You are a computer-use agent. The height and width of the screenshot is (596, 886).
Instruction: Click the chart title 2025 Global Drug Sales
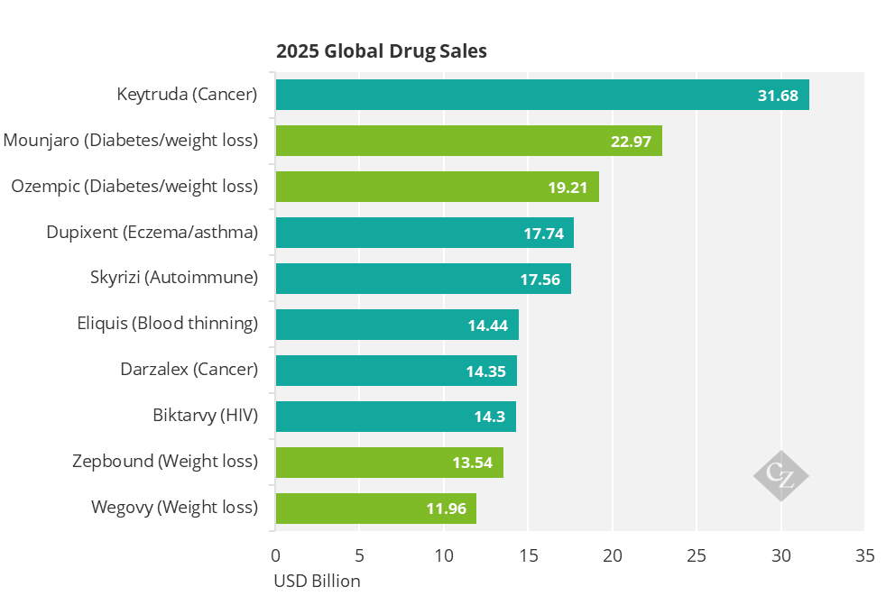click(382, 51)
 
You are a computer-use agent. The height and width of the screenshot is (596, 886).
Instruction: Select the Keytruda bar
click(542, 95)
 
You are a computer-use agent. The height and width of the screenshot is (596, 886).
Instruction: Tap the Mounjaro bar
click(469, 141)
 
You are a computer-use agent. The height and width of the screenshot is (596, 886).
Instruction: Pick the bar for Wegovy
click(375, 509)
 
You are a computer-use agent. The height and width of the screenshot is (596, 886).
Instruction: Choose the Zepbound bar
click(390, 463)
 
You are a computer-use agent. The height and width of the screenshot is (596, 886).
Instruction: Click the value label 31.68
click(778, 96)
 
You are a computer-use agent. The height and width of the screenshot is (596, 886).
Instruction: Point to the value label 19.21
click(568, 188)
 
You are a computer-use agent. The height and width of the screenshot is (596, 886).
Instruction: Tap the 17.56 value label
click(540, 280)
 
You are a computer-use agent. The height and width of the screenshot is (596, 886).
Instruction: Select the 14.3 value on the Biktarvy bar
click(489, 417)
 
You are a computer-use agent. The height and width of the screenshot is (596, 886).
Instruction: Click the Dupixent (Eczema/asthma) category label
click(152, 233)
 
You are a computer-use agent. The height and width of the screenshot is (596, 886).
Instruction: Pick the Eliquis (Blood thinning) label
click(167, 324)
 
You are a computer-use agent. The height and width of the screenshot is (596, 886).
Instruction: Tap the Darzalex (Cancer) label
click(189, 370)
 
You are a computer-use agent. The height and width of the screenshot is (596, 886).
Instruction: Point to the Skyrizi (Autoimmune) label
click(174, 278)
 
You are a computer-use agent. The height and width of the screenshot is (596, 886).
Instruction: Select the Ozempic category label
click(134, 187)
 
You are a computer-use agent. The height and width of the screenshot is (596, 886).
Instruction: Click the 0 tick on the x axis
click(276, 556)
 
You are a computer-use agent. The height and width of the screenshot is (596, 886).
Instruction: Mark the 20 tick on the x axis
click(613, 556)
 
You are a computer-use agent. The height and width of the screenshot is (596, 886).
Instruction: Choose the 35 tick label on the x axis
click(865, 556)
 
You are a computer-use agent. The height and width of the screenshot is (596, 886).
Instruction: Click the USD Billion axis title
click(317, 581)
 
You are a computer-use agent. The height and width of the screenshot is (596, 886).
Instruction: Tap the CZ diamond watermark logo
click(781, 476)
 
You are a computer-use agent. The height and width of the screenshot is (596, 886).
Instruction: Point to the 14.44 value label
click(487, 326)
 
